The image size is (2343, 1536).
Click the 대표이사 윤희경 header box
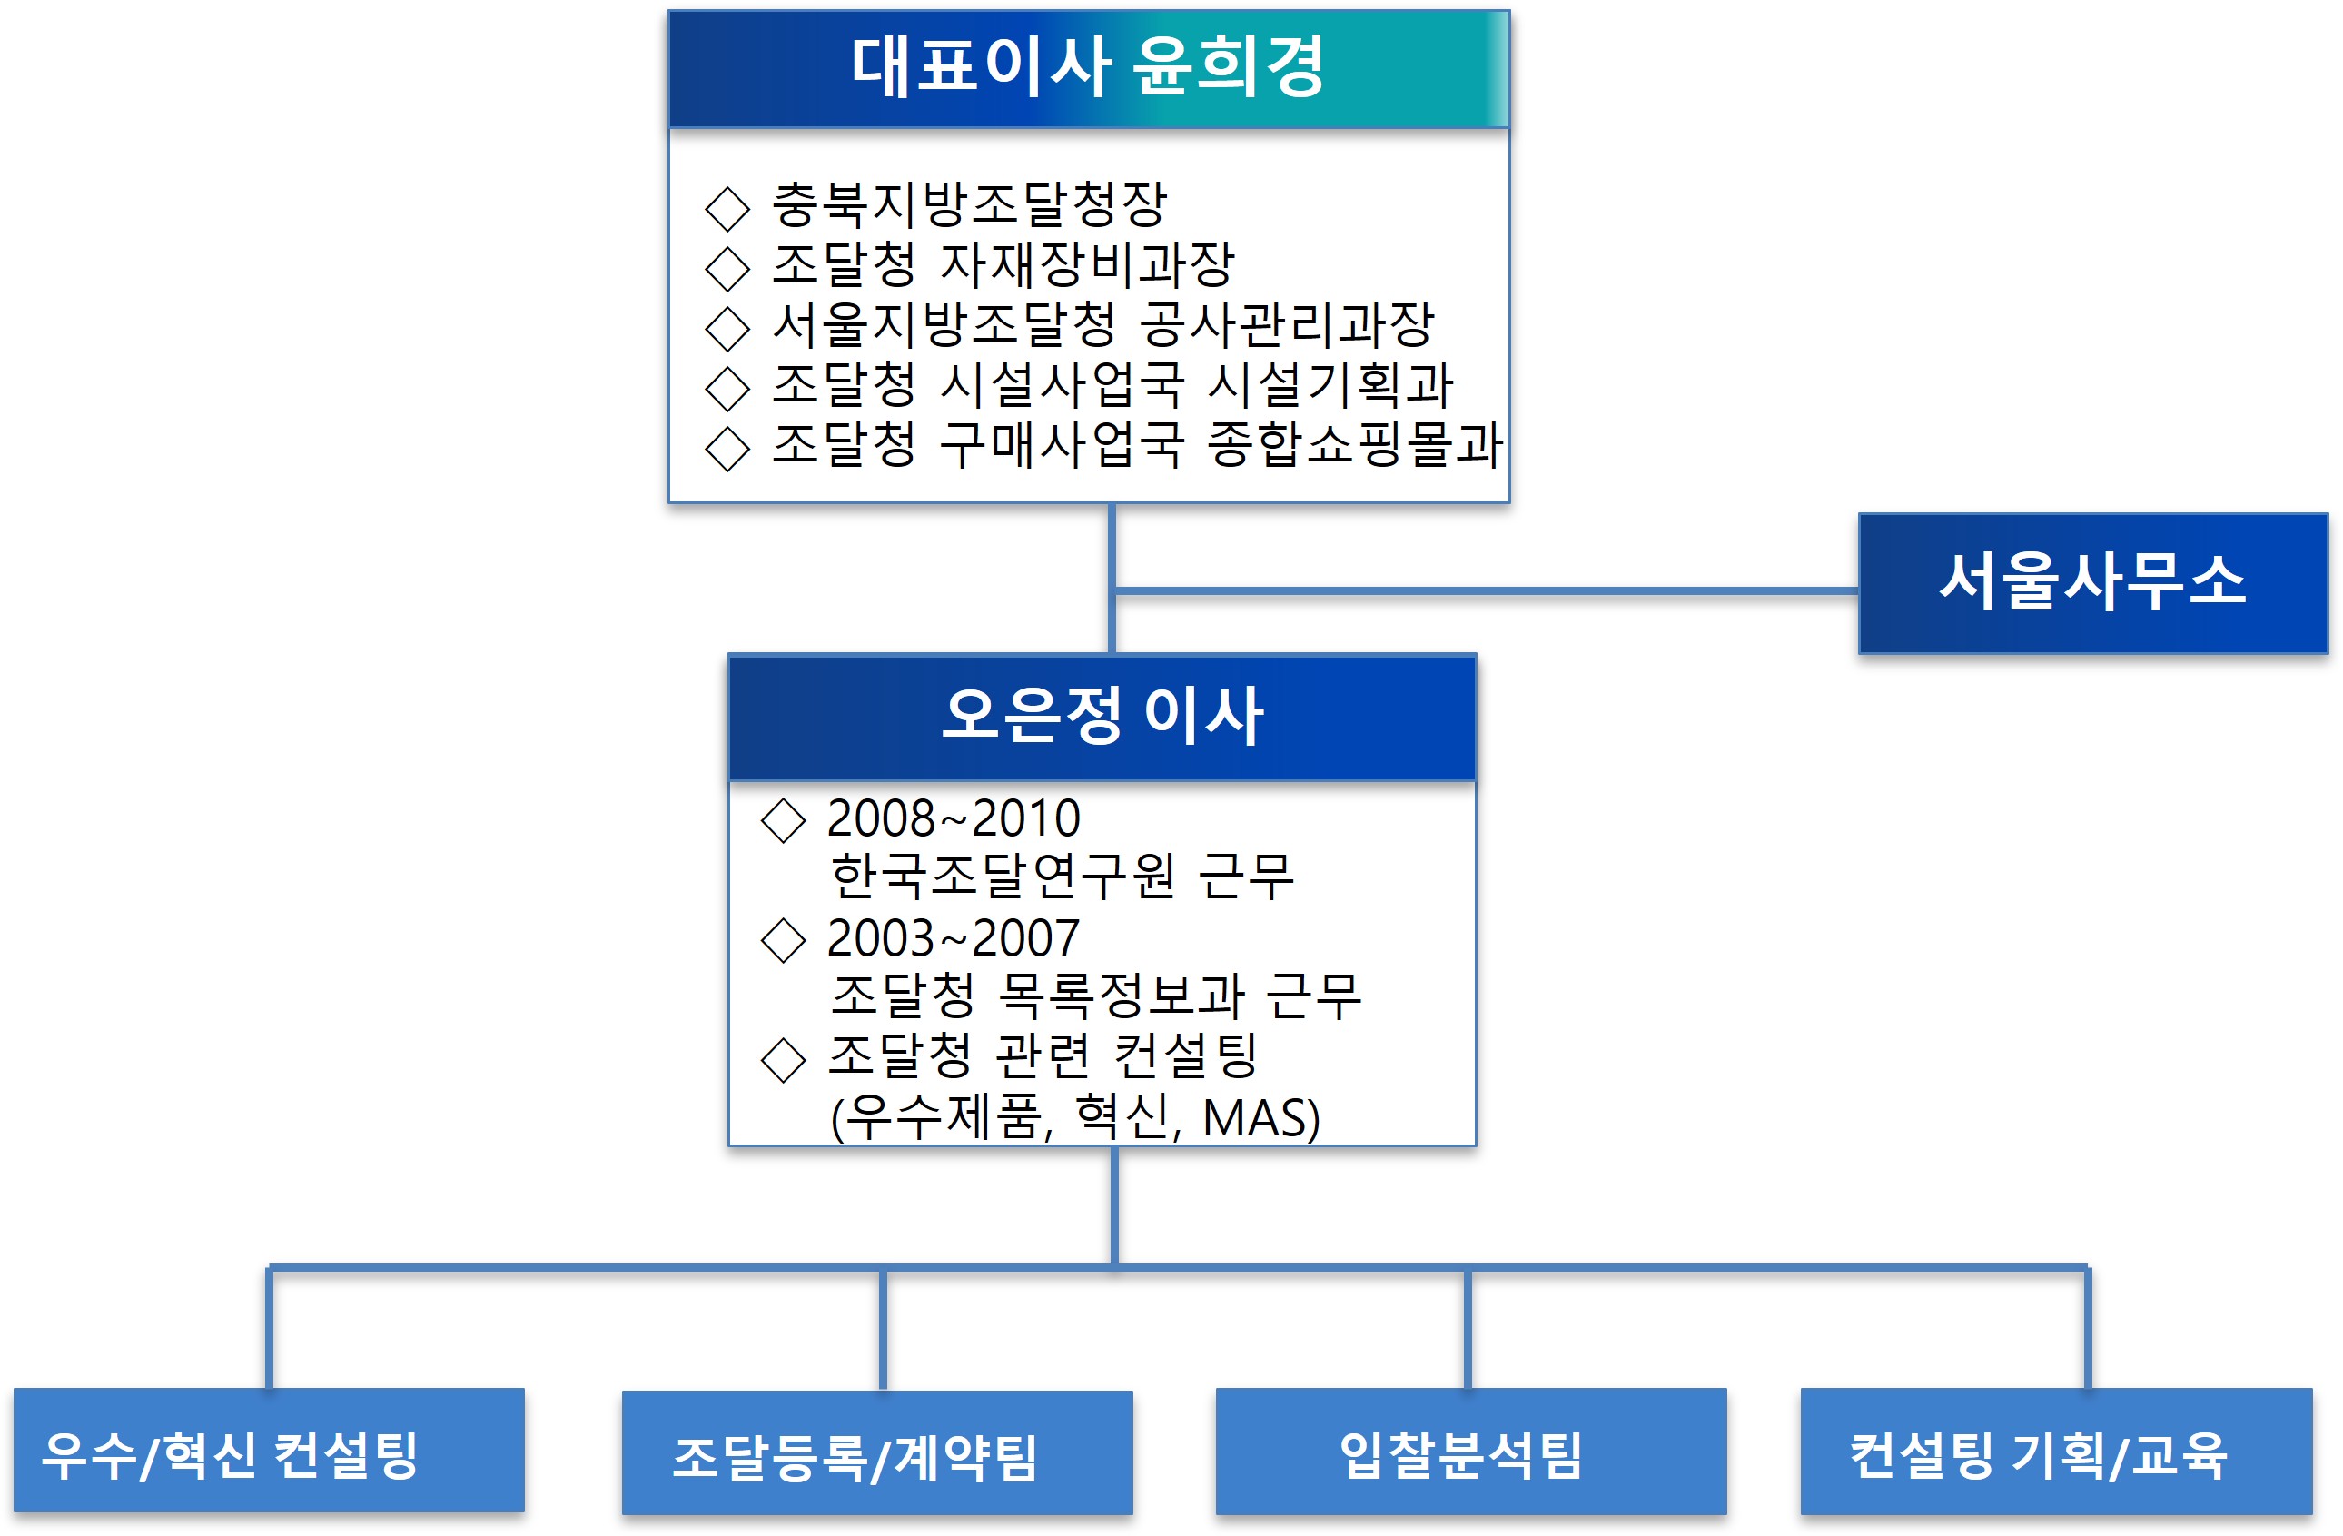click(x=1088, y=68)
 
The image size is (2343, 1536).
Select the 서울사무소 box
click(x=2092, y=583)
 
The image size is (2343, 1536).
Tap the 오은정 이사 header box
click(x=1102, y=716)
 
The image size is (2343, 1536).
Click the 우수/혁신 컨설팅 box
click(x=269, y=1452)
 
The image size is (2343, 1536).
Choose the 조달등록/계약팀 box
click(x=876, y=1454)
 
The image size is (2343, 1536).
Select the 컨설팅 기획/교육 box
click(x=2055, y=1452)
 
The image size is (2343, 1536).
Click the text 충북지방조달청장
click(x=969, y=204)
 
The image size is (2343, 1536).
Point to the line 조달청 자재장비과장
click(x=1003, y=264)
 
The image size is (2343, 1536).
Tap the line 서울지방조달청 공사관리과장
click(x=1102, y=324)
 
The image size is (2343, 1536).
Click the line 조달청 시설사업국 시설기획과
click(x=1112, y=384)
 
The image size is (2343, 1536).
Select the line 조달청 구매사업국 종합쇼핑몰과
click(x=1137, y=444)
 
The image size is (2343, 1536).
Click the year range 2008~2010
click(x=953, y=818)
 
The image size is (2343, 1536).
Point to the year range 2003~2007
click(x=953, y=938)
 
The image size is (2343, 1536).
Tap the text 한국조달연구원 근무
click(x=1062, y=877)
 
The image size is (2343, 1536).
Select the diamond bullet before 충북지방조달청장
click(x=727, y=208)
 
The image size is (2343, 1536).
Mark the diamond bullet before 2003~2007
click(x=784, y=940)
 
